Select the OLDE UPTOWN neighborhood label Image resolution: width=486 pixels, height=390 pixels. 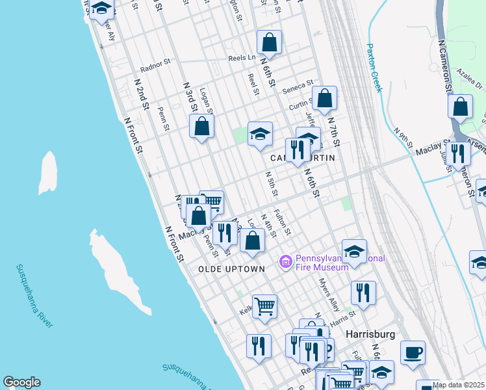[231, 269]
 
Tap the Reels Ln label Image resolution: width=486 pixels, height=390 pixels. [241, 58]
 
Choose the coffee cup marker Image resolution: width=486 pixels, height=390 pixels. [413, 354]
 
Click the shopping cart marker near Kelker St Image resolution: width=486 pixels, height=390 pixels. [264, 305]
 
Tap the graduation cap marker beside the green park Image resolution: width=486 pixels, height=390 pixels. [260, 135]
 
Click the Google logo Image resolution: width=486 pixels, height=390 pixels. [21, 382]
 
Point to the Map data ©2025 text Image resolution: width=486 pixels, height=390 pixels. [458, 385]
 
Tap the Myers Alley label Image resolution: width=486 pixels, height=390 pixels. [329, 294]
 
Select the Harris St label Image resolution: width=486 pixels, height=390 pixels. [342, 317]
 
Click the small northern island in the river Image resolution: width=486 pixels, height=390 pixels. [47, 173]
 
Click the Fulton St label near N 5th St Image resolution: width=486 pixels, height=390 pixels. [281, 222]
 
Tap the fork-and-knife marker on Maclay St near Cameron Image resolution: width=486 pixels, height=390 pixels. [458, 154]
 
